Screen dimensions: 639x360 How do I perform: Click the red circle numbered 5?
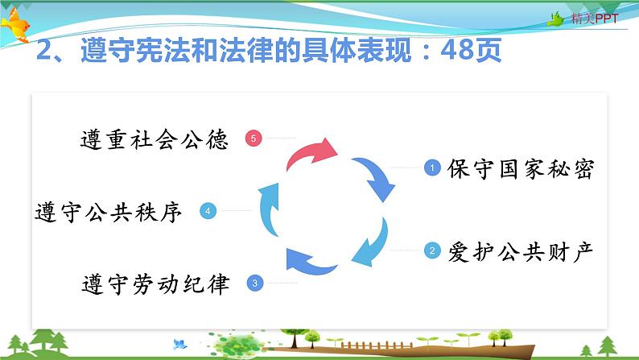click(253, 139)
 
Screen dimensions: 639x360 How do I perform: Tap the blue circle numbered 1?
click(432, 168)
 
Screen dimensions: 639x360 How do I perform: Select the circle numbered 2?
click(432, 250)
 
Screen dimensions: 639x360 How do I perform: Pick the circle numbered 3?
click(255, 283)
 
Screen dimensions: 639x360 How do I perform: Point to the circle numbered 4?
click(208, 211)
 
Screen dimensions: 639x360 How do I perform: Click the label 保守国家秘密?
click(521, 168)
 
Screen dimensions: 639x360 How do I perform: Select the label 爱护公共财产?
click(521, 251)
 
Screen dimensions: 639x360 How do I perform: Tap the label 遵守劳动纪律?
click(155, 284)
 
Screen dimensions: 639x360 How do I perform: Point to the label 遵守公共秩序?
click(109, 212)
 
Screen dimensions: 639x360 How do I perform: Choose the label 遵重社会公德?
click(155, 139)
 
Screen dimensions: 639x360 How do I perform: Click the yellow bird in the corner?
click(15, 24)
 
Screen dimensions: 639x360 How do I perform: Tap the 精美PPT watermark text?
click(595, 19)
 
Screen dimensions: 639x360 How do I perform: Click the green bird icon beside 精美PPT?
click(555, 19)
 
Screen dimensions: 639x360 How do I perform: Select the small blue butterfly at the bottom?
click(179, 344)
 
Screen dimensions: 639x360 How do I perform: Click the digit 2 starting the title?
click(43, 50)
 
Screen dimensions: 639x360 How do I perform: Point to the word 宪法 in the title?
click(163, 50)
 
